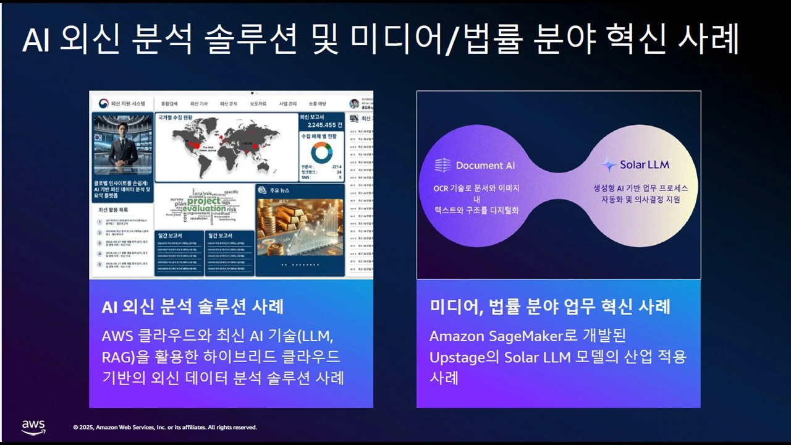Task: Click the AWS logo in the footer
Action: [33, 426]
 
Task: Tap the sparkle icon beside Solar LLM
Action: [609, 165]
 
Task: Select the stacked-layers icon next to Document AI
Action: [442, 165]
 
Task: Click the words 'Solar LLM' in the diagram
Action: [645, 165]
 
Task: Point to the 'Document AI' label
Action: [485, 165]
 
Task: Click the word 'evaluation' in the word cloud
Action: [204, 209]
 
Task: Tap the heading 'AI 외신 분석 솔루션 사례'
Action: [192, 306]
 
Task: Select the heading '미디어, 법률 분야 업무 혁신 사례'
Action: [549, 306]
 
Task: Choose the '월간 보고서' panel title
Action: [220, 235]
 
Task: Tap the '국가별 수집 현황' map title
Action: [176, 117]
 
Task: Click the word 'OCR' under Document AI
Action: [443, 188]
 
